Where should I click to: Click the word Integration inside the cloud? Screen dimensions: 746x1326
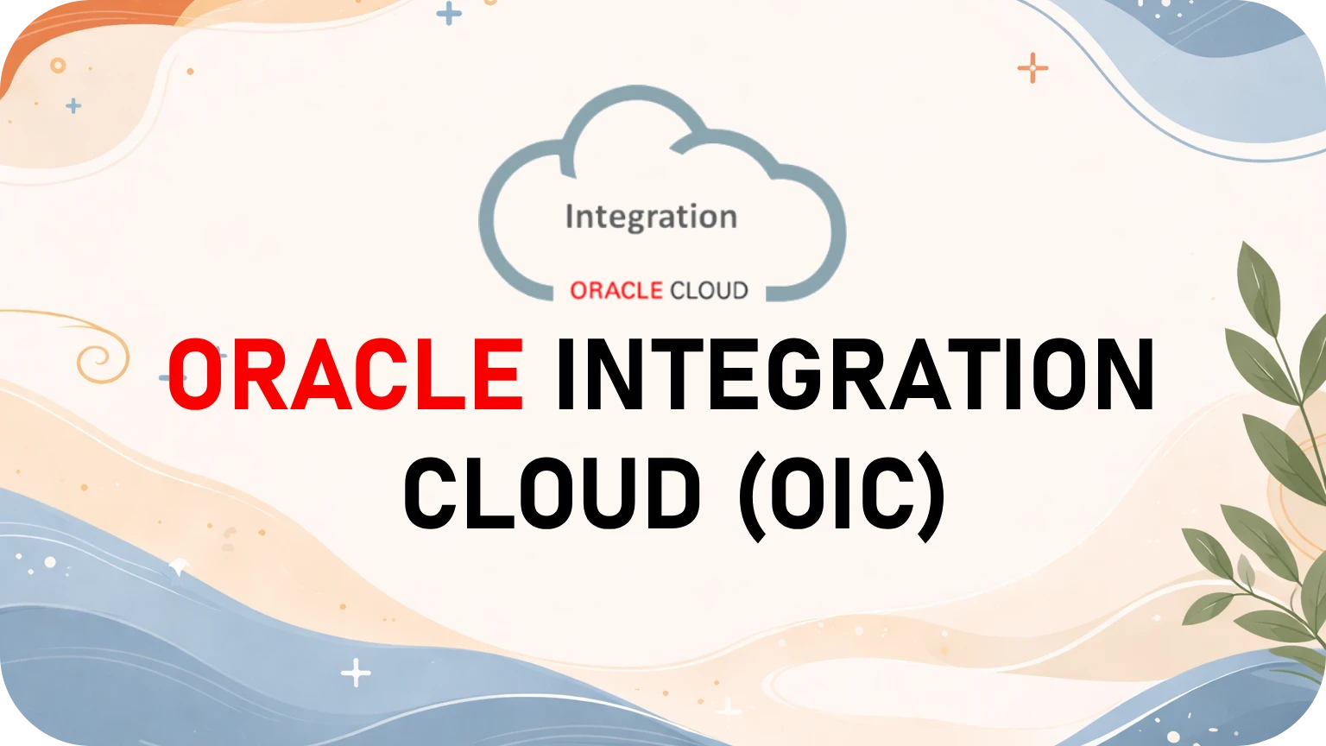pyautogui.click(x=651, y=217)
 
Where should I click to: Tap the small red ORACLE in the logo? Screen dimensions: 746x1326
pyautogui.click(x=616, y=291)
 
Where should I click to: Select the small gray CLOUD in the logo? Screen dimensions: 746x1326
pyautogui.click(x=709, y=291)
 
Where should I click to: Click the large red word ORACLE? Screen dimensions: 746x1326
pyautogui.click(x=345, y=375)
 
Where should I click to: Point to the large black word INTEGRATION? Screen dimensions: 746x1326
pyautogui.click(x=855, y=375)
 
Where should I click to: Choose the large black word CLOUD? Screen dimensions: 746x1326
pyautogui.click(x=552, y=494)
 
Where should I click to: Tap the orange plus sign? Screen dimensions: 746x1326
pyautogui.click(x=1032, y=67)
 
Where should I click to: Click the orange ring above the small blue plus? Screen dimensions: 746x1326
pyautogui.click(x=58, y=66)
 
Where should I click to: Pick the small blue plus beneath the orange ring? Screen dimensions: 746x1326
pyautogui.click(x=74, y=106)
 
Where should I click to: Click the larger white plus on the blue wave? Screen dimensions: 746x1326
pyautogui.click(x=356, y=673)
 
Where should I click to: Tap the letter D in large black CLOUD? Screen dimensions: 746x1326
pyautogui.click(x=669, y=494)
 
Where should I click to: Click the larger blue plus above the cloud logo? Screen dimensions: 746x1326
pyautogui.click(x=449, y=13)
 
